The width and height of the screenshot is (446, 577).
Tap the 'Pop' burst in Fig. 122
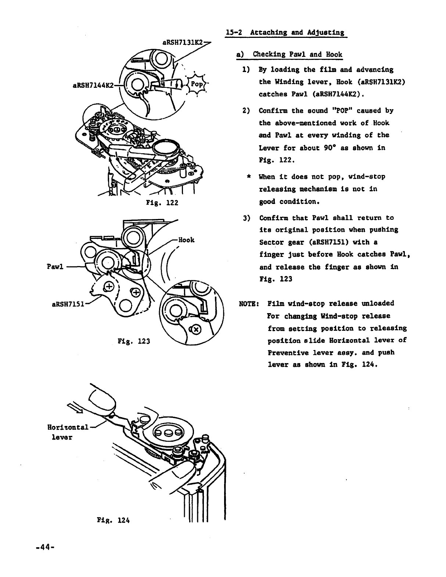197,84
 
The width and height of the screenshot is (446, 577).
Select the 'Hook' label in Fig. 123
186,240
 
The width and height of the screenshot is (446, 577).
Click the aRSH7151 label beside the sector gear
68,304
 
